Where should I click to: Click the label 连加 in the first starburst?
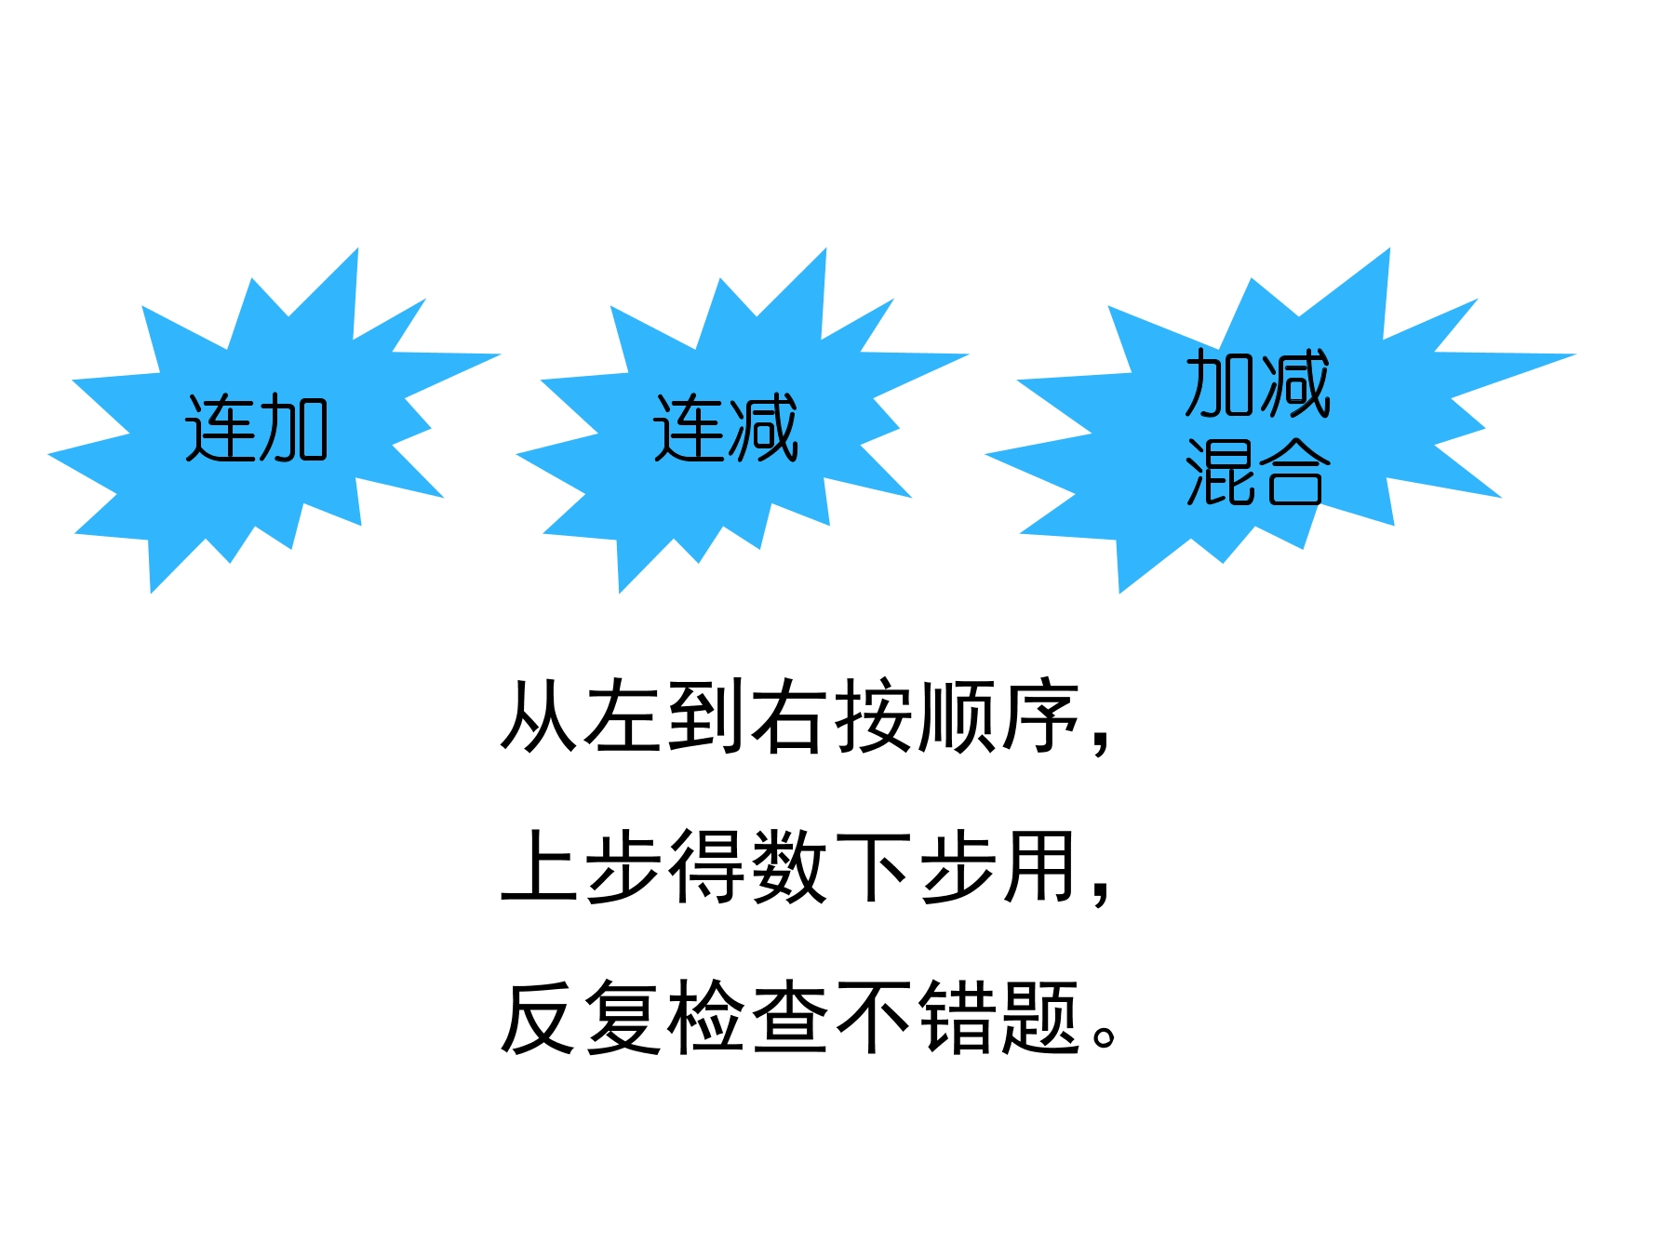(x=257, y=428)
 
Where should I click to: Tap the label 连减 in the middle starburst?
(x=726, y=428)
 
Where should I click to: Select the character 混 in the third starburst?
(x=1219, y=472)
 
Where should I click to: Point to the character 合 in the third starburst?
(x=1294, y=472)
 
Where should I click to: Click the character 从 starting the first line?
(x=540, y=715)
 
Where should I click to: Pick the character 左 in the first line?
(x=623, y=715)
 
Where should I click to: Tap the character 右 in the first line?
(x=790, y=715)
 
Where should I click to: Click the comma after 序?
(x=1101, y=741)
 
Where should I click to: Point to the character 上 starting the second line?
(x=540, y=866)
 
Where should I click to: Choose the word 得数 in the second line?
(x=748, y=866)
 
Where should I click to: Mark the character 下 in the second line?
(x=874, y=866)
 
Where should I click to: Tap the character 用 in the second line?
(x=1041, y=866)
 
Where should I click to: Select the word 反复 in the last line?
(x=582, y=1017)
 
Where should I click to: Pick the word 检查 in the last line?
(x=748, y=1017)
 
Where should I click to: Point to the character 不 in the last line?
(x=874, y=1017)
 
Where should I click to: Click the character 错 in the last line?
(x=958, y=1017)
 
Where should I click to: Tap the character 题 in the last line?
(x=1041, y=1017)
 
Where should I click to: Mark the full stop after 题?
(x=1105, y=1036)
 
